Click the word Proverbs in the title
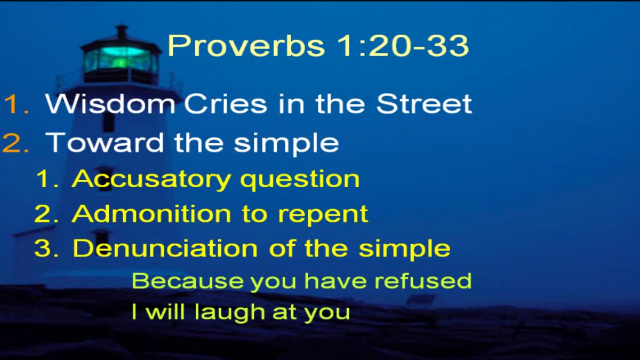pos(246,45)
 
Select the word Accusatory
pos(151,179)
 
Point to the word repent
pos(323,215)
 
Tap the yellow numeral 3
pos(46,248)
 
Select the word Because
pos(188,281)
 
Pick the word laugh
pos(230,313)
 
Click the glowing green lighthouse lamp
pos(121,59)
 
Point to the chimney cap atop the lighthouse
pos(122,31)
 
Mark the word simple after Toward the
pos(286,143)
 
